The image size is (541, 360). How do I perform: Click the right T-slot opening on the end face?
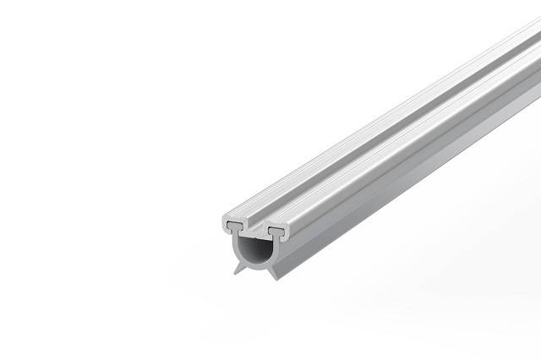(276, 229)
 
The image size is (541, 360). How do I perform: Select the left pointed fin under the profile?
(233, 266)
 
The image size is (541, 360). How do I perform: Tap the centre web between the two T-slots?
(254, 229)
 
